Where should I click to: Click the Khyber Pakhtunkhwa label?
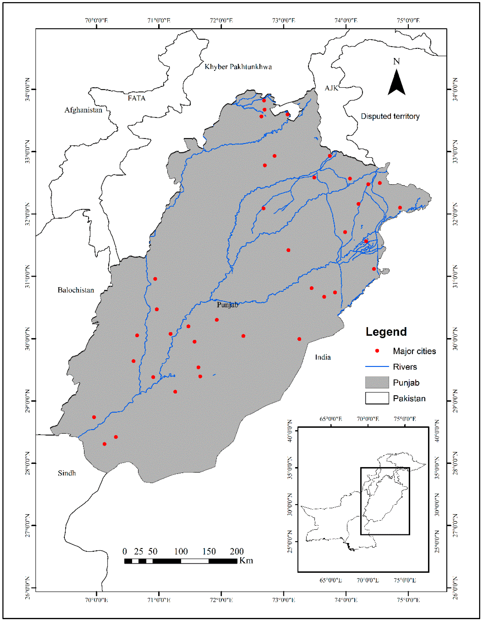click(238, 67)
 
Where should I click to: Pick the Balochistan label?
click(76, 290)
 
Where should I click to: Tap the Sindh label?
click(67, 473)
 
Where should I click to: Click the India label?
click(323, 357)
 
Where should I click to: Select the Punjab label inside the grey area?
click(227, 305)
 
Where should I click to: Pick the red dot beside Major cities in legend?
click(377, 351)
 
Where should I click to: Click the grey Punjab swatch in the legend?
click(377, 382)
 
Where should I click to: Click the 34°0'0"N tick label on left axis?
click(28, 89)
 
